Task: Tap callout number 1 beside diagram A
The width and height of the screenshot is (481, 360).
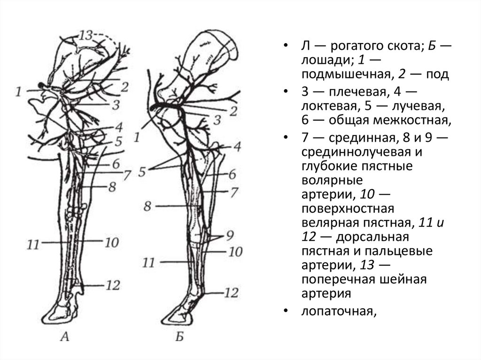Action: [x=18, y=91]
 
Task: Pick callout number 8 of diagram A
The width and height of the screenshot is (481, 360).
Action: [x=111, y=187]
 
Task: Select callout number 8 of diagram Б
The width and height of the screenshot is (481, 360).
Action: [x=147, y=206]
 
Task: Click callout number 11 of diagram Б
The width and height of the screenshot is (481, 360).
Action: [x=148, y=262]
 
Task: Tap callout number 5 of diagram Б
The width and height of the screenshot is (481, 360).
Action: [x=142, y=172]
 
